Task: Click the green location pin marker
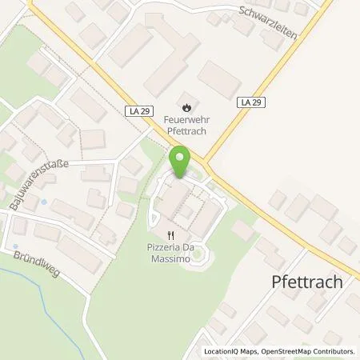coord(180,161)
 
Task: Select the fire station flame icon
coord(186,105)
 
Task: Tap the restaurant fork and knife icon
coord(170,235)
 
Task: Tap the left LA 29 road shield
coord(139,110)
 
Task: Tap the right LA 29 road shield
coord(250,102)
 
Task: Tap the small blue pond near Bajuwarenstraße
coord(44,202)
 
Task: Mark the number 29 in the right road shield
coord(254,102)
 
